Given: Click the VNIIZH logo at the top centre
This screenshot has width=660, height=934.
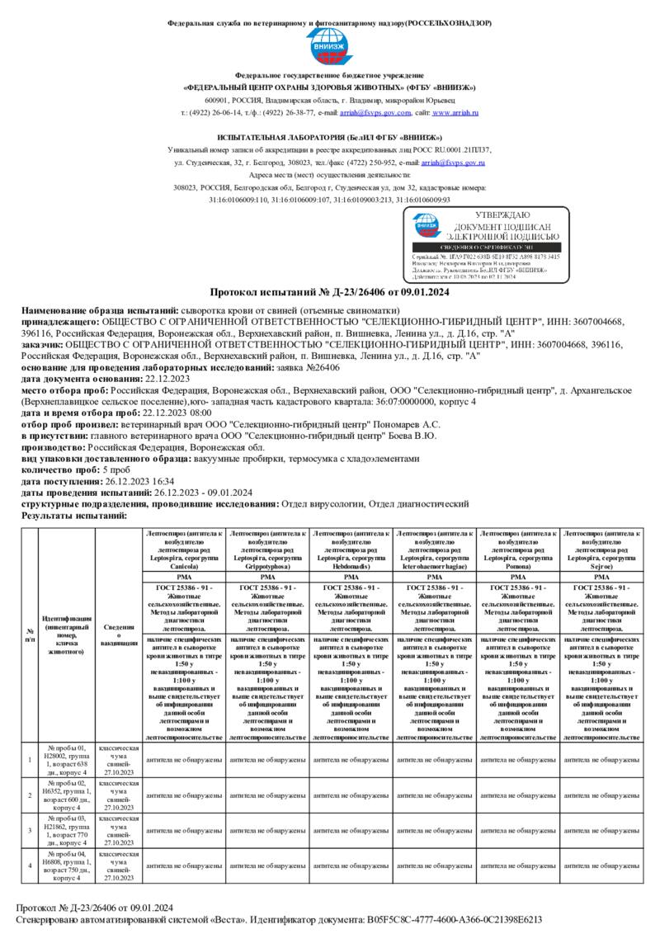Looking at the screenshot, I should tap(329, 49).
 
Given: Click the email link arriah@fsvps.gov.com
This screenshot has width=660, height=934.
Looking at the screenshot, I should tap(365, 111).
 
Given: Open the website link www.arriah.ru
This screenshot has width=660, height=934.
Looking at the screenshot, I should tap(455, 111).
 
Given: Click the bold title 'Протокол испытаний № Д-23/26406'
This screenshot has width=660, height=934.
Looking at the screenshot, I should tap(329, 292).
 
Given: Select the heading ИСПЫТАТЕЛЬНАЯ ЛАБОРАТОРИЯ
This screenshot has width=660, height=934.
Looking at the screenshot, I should tap(329, 136).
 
